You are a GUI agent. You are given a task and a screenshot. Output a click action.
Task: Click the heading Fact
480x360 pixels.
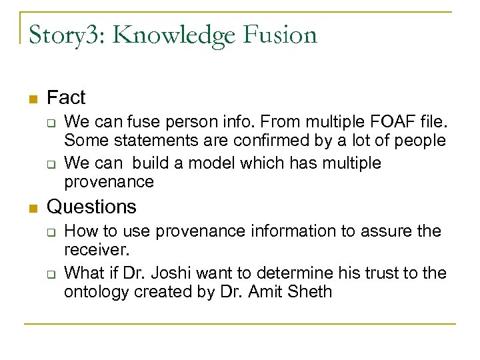coord(66,98)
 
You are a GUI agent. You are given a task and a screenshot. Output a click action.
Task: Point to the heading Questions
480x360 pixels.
coord(91,207)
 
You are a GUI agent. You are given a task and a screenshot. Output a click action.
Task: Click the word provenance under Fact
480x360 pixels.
coord(109,181)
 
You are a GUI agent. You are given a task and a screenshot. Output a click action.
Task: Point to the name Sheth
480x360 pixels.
coord(308,291)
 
